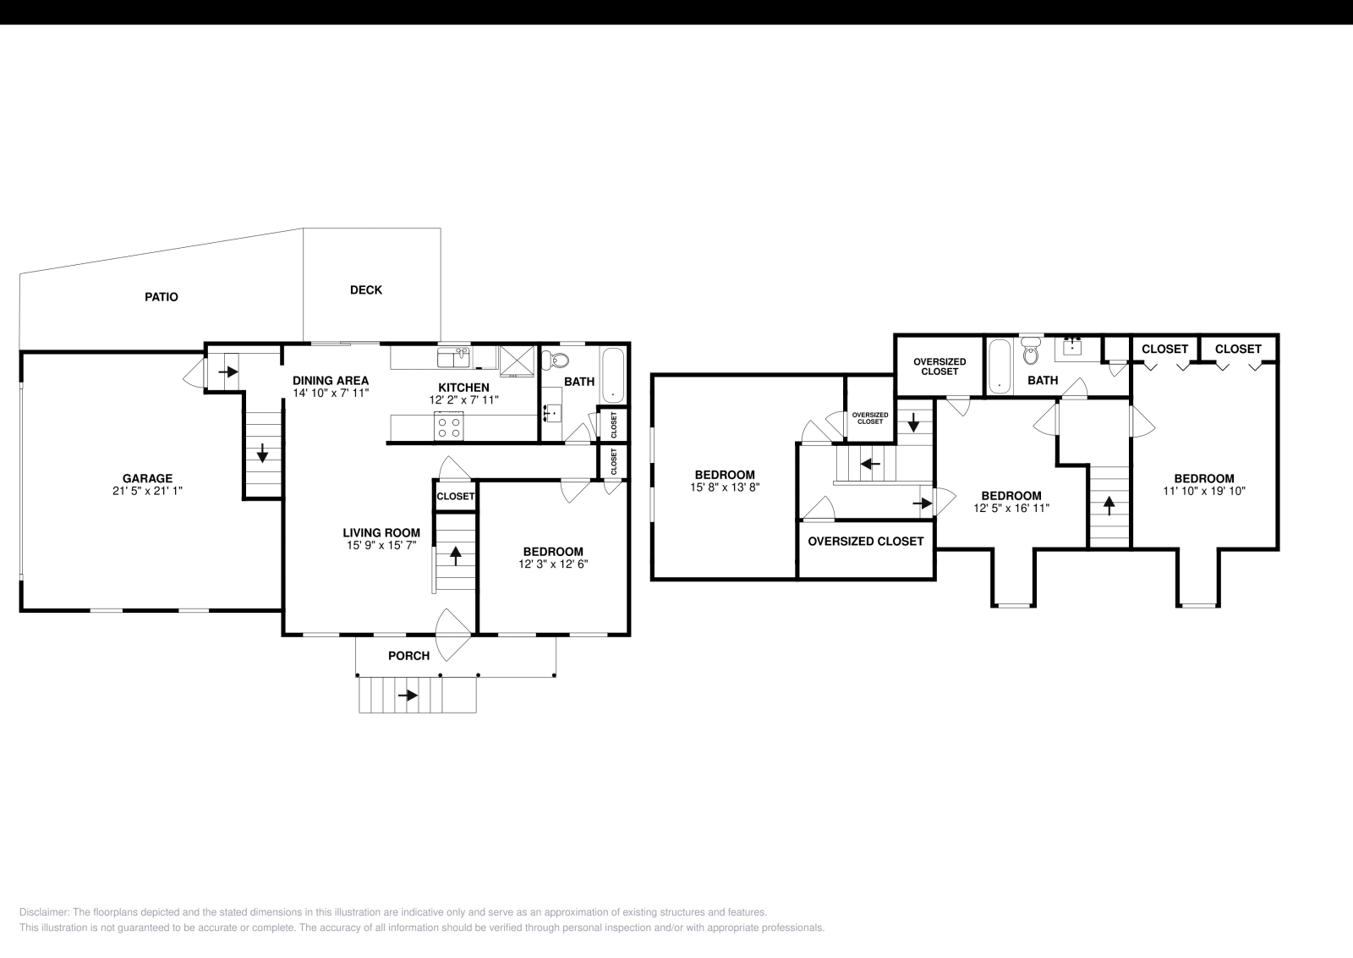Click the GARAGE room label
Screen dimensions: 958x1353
[x=147, y=478]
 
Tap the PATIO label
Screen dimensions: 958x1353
[x=161, y=297]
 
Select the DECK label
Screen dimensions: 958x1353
[x=365, y=289]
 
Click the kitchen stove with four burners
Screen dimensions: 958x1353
[x=449, y=426]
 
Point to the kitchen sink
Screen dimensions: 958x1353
[x=453, y=358]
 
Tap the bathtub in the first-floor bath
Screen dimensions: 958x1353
[x=613, y=375]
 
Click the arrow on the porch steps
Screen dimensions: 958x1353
[x=408, y=696]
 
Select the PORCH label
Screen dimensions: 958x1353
[x=408, y=656]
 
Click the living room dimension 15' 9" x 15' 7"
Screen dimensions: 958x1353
[x=381, y=546]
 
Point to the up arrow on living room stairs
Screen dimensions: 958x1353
[x=456, y=555]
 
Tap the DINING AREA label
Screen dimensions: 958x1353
[x=331, y=381]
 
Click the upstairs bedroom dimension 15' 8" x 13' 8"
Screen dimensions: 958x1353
[x=725, y=487]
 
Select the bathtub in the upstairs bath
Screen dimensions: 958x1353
[x=999, y=366]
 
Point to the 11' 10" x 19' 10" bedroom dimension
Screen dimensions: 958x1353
[x=1203, y=491]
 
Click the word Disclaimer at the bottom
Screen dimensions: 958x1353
[x=44, y=912]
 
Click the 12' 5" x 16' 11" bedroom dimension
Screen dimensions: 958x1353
[x=1011, y=509]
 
